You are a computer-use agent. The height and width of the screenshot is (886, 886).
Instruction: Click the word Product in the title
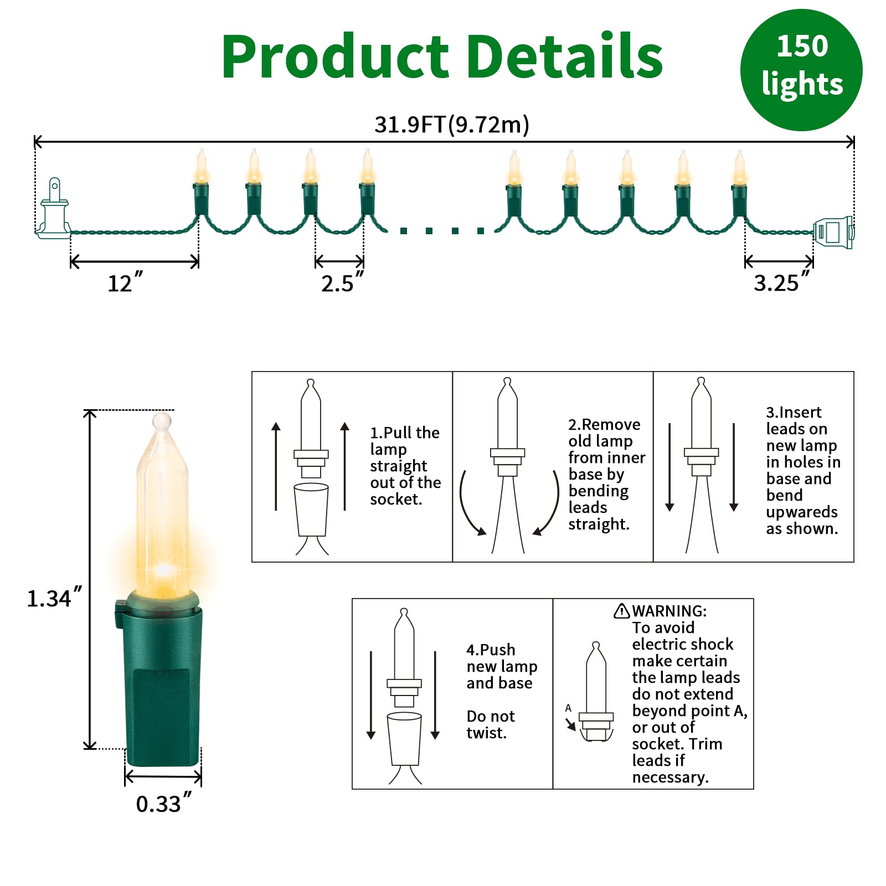(334, 57)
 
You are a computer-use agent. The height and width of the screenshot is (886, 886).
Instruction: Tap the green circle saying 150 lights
(801, 70)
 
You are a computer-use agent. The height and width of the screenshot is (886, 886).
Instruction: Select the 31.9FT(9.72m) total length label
(452, 125)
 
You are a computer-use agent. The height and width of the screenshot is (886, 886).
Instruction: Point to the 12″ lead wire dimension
(125, 283)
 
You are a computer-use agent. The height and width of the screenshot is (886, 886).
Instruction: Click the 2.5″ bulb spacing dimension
(342, 283)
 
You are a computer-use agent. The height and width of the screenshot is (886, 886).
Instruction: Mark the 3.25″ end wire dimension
(781, 282)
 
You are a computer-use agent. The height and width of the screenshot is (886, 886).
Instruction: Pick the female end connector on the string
(833, 232)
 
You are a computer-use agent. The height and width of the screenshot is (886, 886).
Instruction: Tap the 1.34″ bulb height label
(54, 598)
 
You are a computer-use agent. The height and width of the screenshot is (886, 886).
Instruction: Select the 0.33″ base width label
(163, 803)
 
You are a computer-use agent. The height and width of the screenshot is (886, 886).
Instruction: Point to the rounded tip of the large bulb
(162, 421)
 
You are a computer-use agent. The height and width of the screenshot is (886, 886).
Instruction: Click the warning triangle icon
(621, 611)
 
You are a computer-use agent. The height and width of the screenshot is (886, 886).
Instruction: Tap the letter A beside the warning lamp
(568, 708)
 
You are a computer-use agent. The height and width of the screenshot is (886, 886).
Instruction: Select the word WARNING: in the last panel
(669, 611)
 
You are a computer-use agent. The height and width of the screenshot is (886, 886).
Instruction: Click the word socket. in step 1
(396, 499)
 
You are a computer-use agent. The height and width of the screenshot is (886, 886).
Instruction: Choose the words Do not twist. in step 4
(491, 724)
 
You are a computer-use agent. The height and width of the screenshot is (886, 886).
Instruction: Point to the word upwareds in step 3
(801, 512)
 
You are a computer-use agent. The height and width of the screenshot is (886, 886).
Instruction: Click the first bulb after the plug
(201, 183)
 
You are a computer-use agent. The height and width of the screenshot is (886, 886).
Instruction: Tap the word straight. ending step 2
(599, 524)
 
